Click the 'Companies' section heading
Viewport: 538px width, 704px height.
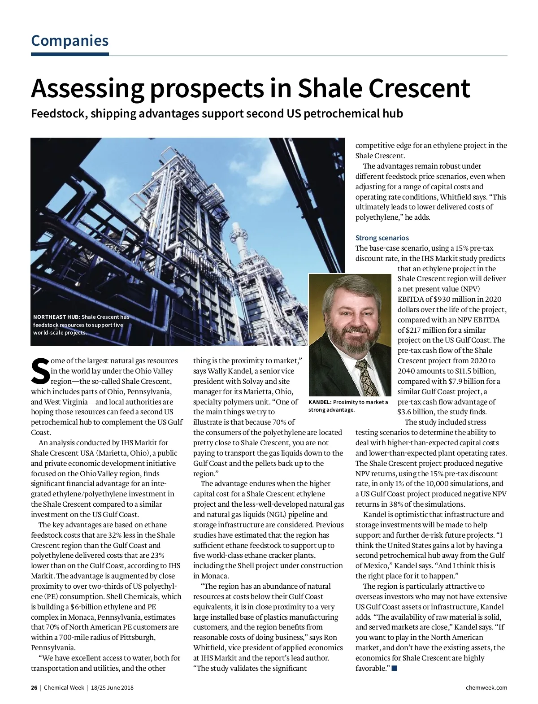[x=70, y=41]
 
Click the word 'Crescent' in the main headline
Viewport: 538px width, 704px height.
[x=419, y=88]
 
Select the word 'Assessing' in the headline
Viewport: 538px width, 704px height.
[x=87, y=88]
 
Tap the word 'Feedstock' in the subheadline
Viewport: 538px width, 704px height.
[x=58, y=113]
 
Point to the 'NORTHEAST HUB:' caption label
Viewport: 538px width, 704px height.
[x=56, y=317]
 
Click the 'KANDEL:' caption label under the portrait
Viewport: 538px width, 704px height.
[x=320, y=402]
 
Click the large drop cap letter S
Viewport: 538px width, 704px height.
[x=40, y=371]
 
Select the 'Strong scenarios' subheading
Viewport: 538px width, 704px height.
[x=382, y=238]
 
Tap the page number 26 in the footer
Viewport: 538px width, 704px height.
[x=34, y=687]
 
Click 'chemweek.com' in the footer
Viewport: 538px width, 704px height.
[x=486, y=687]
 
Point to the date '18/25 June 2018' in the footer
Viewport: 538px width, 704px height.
[x=112, y=687]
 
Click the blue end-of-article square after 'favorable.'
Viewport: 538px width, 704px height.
[x=395, y=669]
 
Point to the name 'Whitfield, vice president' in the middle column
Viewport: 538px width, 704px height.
[x=237, y=648]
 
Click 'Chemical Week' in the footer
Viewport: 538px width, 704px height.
[x=64, y=687]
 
